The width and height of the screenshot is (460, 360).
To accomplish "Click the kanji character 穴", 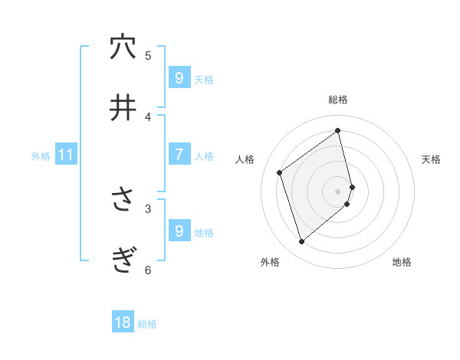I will pyautogui.click(x=123, y=47).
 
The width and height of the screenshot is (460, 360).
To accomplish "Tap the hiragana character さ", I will pyautogui.click(x=123, y=200).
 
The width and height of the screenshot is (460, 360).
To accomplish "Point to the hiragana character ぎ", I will pyautogui.click(x=123, y=261).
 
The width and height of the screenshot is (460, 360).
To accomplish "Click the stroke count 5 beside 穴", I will pyautogui.click(x=148, y=55).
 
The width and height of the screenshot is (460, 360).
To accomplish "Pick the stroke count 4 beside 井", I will pyautogui.click(x=148, y=116).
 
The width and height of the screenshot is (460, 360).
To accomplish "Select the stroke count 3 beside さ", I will pyautogui.click(x=148, y=208).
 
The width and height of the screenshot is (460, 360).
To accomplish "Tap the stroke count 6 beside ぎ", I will pyautogui.click(x=148, y=270).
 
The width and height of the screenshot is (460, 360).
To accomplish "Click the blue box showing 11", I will pyautogui.click(x=66, y=155).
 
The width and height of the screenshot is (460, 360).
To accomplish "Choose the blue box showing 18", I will pyautogui.click(x=123, y=322).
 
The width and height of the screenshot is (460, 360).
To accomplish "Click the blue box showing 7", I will pyautogui.click(x=179, y=155).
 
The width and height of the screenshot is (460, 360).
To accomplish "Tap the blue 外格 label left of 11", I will pyautogui.click(x=41, y=156).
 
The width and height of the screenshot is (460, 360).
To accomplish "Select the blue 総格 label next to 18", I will pyautogui.click(x=147, y=324).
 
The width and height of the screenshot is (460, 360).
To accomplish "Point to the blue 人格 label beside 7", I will pyautogui.click(x=204, y=156).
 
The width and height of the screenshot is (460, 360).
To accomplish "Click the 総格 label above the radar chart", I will pyautogui.click(x=338, y=100).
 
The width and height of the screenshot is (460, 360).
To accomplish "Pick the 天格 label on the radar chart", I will pyautogui.click(x=431, y=159).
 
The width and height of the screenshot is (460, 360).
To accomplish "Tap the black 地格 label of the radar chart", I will pyautogui.click(x=402, y=262).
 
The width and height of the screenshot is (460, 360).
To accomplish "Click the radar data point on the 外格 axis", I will pyautogui.click(x=301, y=242).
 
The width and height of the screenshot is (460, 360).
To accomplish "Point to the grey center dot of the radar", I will pyautogui.click(x=338, y=191).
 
